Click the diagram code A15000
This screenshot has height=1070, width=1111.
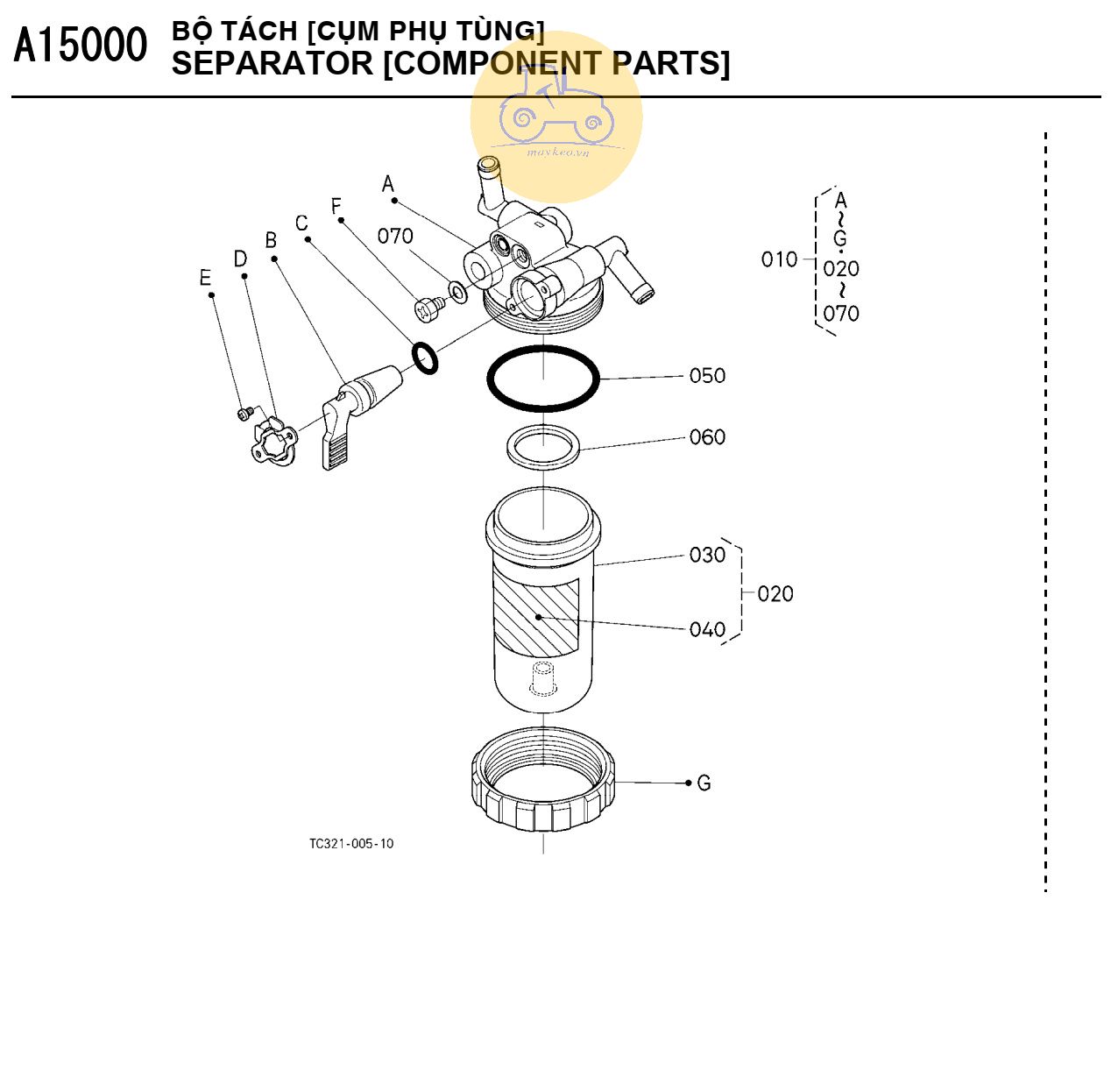pos(80,46)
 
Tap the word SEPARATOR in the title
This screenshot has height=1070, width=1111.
pos(272,64)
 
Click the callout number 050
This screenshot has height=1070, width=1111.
pos(707,376)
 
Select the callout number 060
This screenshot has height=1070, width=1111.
pos(707,437)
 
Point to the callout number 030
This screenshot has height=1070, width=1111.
pos(707,555)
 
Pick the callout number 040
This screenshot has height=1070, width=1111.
pos(707,629)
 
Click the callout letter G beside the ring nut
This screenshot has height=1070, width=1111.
pos(704,783)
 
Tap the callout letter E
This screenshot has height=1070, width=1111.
pos(205,279)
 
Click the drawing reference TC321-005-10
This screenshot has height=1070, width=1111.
pos(351,844)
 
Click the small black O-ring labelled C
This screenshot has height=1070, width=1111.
pos(425,358)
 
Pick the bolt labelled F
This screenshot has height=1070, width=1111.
pos(427,308)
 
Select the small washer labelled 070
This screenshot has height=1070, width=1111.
pos(457,291)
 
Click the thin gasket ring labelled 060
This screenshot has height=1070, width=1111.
pos(543,447)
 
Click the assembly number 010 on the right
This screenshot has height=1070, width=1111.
pos(779,259)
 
